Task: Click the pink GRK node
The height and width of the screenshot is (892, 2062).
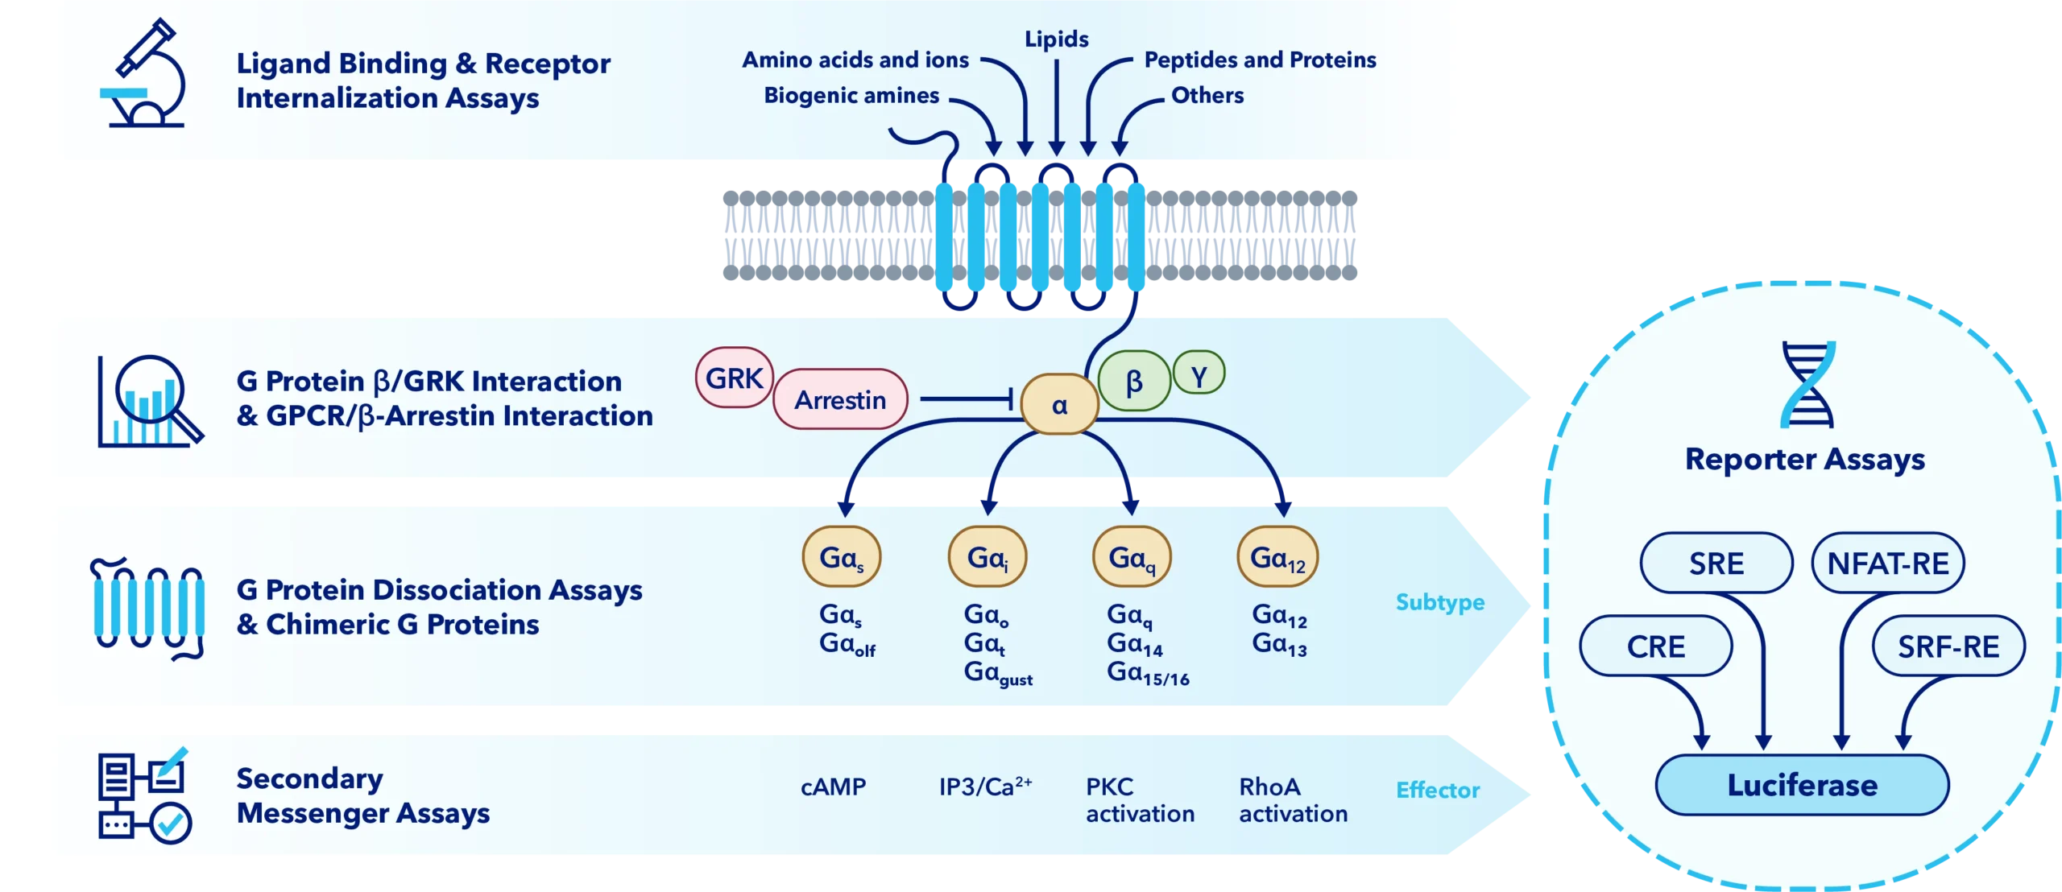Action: pos(734,378)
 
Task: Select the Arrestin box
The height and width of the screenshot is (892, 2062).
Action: pos(840,399)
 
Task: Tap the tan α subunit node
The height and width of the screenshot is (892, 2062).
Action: pos(1059,404)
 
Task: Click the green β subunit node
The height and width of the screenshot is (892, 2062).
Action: pos(1134,382)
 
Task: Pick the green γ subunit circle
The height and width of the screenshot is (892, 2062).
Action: pos(1199,374)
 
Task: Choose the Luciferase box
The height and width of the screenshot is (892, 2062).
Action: pos(1802,785)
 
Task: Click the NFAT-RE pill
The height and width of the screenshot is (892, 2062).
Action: pos(1887,564)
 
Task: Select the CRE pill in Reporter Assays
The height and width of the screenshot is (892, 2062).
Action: pos(1655,646)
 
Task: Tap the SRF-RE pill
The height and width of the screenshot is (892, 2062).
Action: pos(1948,646)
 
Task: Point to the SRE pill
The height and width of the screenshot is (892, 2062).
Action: pos(1716,564)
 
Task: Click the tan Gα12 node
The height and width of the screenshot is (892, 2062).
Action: pos(1277,557)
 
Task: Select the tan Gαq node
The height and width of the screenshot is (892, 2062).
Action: pos(1132,557)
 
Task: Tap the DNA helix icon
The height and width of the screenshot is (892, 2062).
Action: pos(1807,384)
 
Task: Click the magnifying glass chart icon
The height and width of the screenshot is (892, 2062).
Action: pos(150,401)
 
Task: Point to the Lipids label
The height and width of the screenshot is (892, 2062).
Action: pos(1056,39)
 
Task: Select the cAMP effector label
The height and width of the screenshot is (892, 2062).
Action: pos(833,787)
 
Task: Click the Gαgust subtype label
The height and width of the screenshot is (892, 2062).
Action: pos(997,674)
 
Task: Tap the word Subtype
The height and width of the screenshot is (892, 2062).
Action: pos(1439,602)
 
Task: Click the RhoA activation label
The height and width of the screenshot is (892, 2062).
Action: pos(1292,800)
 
